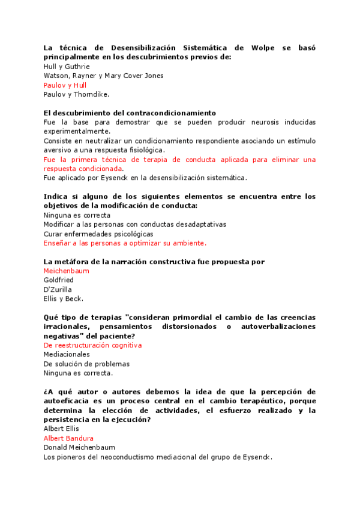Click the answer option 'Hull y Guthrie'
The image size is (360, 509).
coord(67,67)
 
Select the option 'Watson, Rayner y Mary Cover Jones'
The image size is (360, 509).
coord(103,76)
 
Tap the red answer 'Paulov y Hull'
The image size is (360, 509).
coord(65,85)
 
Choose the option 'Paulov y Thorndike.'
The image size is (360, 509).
coord(76,94)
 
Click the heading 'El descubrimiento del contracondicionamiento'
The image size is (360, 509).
coord(130,113)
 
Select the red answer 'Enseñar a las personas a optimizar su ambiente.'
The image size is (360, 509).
coord(125,243)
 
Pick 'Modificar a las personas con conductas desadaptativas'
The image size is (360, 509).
coord(135,224)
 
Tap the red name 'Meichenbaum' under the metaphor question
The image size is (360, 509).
coord(66,271)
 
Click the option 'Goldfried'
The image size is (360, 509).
coord(59,280)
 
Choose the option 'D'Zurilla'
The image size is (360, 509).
coord(58,289)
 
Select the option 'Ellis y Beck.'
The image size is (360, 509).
coord(64,298)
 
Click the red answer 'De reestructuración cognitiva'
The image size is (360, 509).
coord(92,345)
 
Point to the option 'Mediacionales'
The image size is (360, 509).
coord(67,354)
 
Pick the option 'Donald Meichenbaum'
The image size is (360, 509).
coord(79,447)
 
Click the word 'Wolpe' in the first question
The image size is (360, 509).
coord(264,47)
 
